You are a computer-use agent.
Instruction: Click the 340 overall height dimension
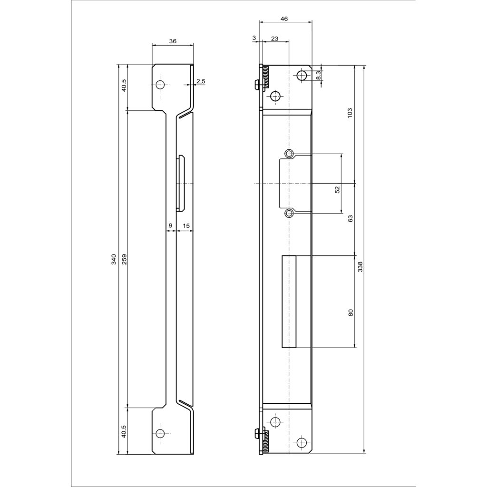114,259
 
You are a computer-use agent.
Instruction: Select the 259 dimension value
124,259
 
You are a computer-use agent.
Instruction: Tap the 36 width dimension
173,41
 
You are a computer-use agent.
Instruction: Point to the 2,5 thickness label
201,81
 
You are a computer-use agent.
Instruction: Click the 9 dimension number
170,226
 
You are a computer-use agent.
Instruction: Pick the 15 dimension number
186,226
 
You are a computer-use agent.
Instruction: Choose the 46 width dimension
284,19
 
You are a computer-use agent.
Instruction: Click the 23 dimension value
274,39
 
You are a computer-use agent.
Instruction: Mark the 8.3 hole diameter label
319,75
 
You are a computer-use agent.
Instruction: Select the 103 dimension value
350,112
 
